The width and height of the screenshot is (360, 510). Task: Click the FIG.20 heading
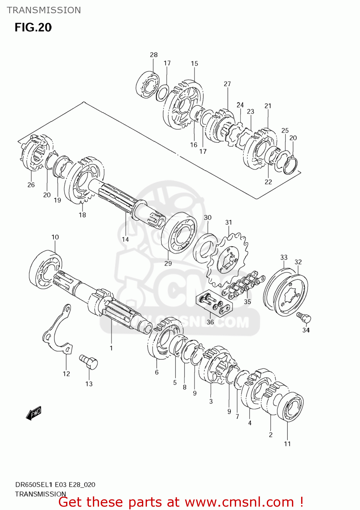[x=33, y=27]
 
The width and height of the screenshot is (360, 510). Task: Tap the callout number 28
[x=154, y=55]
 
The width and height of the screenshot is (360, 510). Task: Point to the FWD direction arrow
[x=34, y=413]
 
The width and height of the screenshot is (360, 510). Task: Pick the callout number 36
[x=210, y=322]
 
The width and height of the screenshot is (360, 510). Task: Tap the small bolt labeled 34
[x=304, y=317]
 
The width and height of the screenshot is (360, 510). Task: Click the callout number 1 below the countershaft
[x=111, y=348]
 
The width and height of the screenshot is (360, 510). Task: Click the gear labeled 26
[x=35, y=153]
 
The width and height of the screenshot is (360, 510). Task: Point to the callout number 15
[x=194, y=64]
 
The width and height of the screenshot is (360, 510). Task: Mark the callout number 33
[x=284, y=257]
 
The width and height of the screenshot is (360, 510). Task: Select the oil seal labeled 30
[x=205, y=248]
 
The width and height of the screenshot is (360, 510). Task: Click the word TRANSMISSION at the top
[x=44, y=10]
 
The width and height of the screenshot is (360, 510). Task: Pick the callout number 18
[x=82, y=215]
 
